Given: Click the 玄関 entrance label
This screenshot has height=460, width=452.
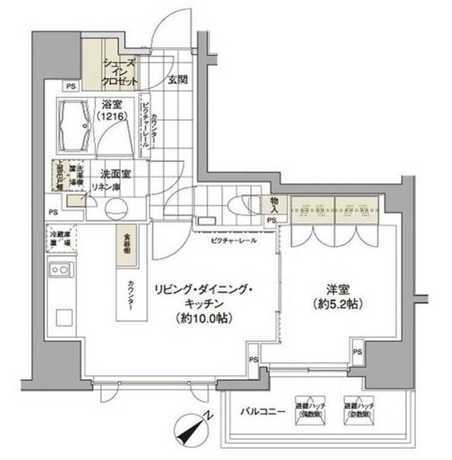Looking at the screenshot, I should pyautogui.click(x=180, y=79).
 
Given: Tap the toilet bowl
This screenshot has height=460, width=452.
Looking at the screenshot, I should pyautogui.click(x=238, y=204).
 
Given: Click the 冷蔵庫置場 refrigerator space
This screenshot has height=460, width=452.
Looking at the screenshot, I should pyautogui.click(x=59, y=240).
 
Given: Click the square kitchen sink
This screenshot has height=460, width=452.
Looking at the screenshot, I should pyautogui.click(x=62, y=318).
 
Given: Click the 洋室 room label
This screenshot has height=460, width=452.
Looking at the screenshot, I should pyautogui.click(x=330, y=288).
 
